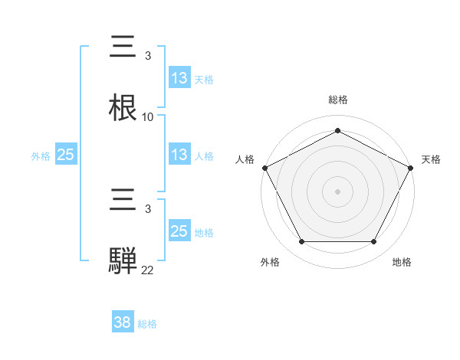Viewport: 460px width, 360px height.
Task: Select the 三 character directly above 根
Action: (x=124, y=47)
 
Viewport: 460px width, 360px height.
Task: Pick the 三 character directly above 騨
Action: (x=124, y=200)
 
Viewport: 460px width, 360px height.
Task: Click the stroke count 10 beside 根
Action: (x=148, y=117)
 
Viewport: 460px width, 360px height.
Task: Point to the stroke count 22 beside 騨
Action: (x=148, y=270)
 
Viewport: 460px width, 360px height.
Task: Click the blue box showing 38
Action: (x=122, y=322)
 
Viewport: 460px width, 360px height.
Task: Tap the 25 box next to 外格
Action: (x=66, y=155)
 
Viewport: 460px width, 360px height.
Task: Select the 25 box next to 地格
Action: (x=179, y=231)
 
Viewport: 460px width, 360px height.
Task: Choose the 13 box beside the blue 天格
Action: (x=179, y=78)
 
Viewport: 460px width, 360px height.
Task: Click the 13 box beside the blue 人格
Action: (x=179, y=155)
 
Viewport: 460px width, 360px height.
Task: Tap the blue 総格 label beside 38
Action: (x=147, y=324)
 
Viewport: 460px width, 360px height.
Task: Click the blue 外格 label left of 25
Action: (x=41, y=156)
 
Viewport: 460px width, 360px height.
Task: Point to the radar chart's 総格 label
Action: (x=338, y=100)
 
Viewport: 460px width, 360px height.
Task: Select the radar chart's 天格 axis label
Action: (x=432, y=159)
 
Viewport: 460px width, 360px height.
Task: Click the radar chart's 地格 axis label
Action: (x=402, y=262)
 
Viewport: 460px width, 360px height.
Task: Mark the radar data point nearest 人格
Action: (x=264, y=167)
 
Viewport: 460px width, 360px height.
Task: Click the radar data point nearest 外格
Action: (x=301, y=242)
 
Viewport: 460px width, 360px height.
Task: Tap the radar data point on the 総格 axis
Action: (x=337, y=131)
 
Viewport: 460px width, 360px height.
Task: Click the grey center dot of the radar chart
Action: (x=337, y=191)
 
